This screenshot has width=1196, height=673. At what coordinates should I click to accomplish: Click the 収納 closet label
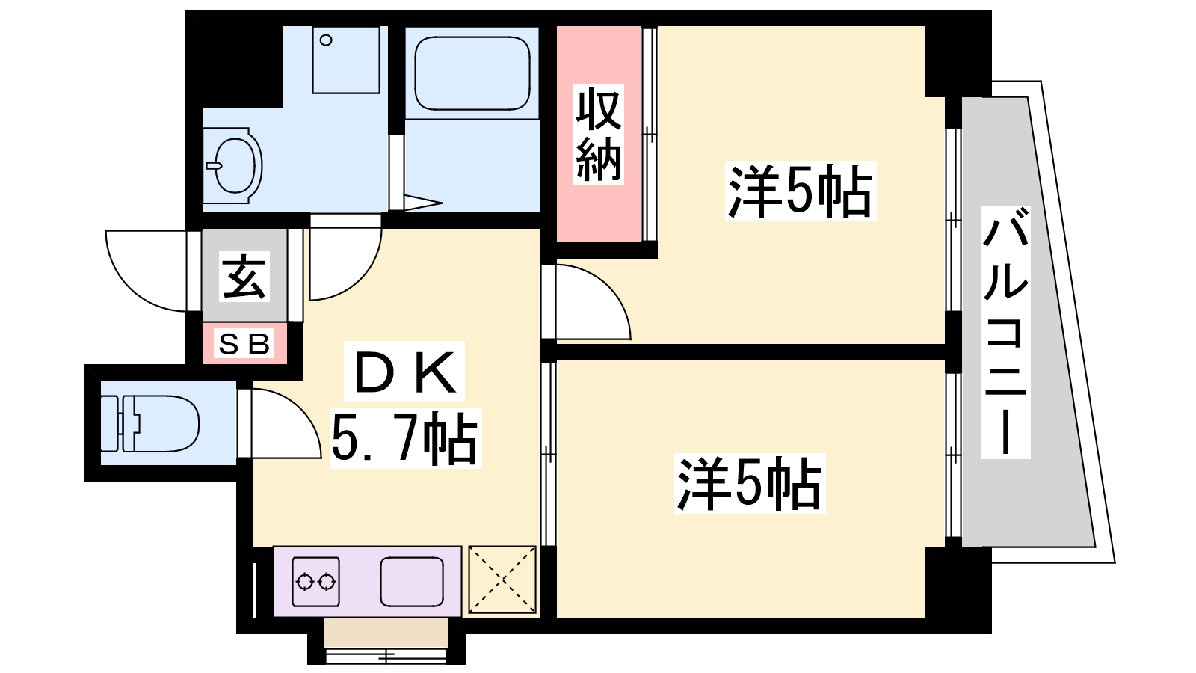pyautogui.click(x=599, y=135)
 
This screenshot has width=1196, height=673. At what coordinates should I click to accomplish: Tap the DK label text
pyautogui.click(x=405, y=372)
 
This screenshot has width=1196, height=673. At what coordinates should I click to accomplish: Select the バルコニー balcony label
pyautogui.click(x=1005, y=332)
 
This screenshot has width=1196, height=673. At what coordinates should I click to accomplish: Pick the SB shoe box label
pyautogui.click(x=244, y=344)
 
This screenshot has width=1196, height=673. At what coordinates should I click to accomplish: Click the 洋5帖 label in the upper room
pyautogui.click(x=801, y=191)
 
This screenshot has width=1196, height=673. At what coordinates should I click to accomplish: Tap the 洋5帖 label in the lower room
pyautogui.click(x=750, y=483)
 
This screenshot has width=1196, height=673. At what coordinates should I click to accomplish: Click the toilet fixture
pyautogui.click(x=150, y=423)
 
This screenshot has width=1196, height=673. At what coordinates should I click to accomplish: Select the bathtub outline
pyautogui.click(x=472, y=73)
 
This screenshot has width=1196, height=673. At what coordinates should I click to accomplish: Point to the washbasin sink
pyautogui.click(x=233, y=165)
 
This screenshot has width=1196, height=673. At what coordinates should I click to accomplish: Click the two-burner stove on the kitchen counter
pyautogui.click(x=316, y=582)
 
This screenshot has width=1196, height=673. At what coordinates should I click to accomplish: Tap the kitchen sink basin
pyautogui.click(x=412, y=581)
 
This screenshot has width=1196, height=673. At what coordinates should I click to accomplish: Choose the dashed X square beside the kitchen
pyautogui.click(x=502, y=579)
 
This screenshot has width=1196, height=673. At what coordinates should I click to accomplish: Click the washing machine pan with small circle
pyautogui.click(x=346, y=60)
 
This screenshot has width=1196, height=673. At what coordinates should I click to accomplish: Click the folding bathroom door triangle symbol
pyautogui.click(x=423, y=203)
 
